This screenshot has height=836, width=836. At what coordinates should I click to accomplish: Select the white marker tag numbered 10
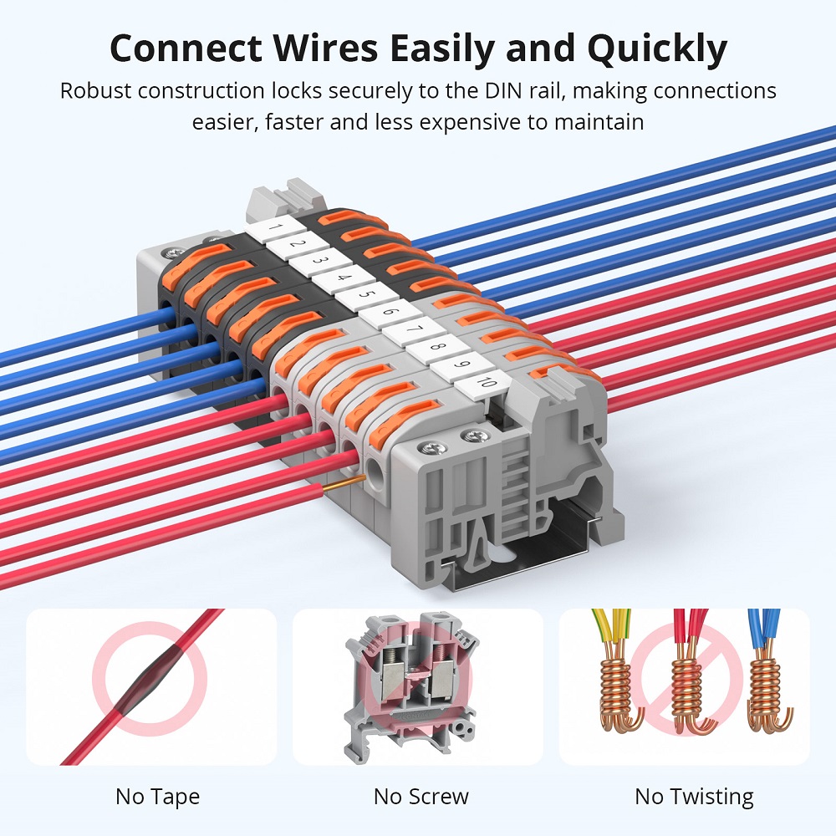click(x=486, y=383)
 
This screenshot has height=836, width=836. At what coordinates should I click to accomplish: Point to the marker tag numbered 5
click(x=361, y=294)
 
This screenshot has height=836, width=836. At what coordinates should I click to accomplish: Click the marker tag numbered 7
click(x=410, y=329)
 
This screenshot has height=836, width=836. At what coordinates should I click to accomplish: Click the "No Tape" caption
click(x=157, y=797)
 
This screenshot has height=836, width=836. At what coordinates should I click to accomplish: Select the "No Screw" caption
click(x=421, y=797)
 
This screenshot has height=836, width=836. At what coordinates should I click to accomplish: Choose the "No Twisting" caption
click(x=694, y=797)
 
